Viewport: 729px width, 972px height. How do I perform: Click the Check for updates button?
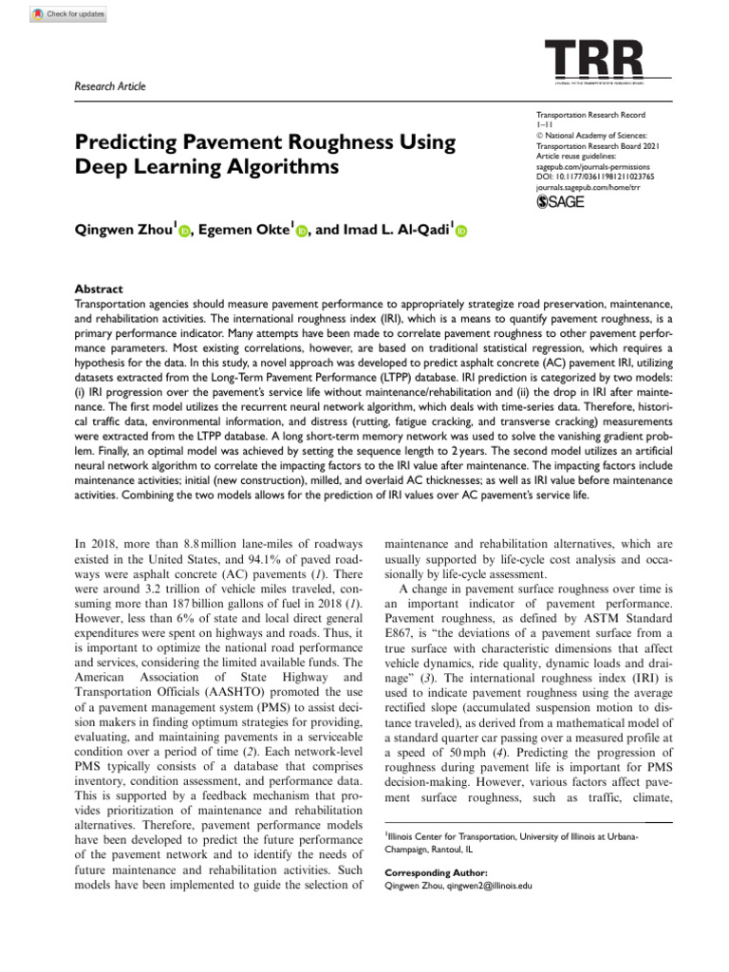(68, 14)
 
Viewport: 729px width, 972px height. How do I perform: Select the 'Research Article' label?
(110, 86)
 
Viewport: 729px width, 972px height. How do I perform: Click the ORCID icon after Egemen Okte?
(303, 231)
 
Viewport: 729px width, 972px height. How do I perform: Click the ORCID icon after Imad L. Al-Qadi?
(462, 231)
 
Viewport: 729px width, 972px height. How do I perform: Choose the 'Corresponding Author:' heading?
(436, 872)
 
